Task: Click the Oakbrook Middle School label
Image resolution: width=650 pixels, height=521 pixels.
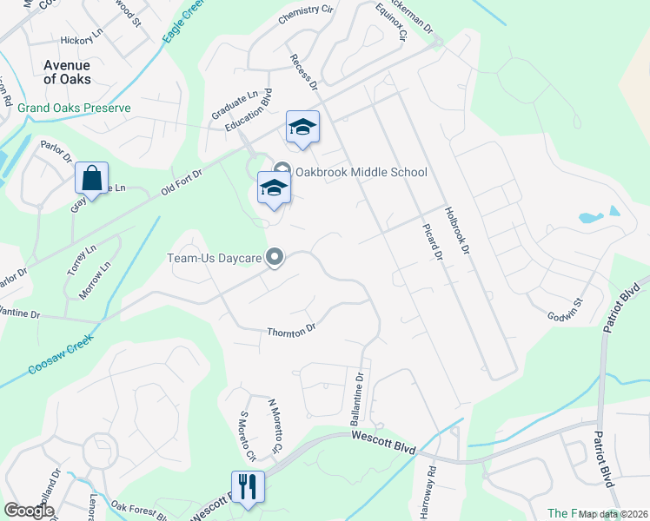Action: point(361,172)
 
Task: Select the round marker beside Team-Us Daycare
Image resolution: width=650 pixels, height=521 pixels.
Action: point(275,256)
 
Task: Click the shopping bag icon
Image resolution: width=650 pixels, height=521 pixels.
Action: point(91,179)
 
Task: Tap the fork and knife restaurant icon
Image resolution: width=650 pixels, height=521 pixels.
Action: point(248,487)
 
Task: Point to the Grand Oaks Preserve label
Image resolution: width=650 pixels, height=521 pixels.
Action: point(74,109)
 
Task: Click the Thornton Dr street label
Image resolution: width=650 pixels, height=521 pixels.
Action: point(290,330)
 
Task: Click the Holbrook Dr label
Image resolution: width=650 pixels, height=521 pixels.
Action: point(456,229)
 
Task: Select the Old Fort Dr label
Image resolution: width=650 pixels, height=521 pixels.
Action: point(181,185)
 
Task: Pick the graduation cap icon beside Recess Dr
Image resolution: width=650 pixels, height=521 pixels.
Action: point(302,129)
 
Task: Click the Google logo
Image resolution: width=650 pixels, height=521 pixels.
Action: point(29,511)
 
